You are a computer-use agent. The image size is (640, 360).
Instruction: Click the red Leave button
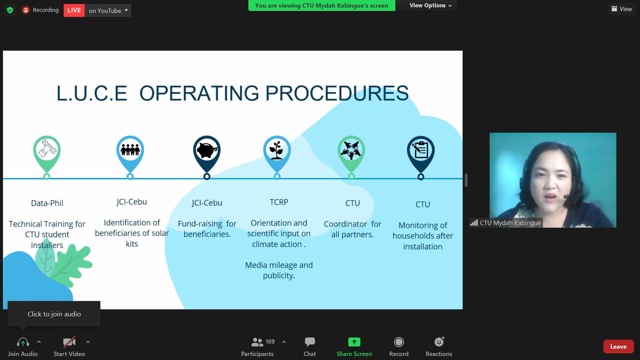click(618, 347)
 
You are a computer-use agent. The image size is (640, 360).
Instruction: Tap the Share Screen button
click(354, 347)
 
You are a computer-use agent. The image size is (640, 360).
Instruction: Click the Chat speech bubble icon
click(310, 342)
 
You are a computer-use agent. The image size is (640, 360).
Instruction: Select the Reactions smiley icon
click(439, 342)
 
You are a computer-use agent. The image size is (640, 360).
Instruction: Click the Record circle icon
click(399, 342)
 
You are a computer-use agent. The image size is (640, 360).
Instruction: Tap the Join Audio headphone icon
click(23, 342)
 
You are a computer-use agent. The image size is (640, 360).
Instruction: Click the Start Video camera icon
click(69, 342)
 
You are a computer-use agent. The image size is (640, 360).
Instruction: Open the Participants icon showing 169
click(263, 342)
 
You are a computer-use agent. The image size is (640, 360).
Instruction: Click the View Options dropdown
click(430, 5)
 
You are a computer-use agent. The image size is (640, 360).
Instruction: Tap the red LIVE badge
click(74, 10)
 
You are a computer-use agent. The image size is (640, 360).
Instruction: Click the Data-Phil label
click(47, 203)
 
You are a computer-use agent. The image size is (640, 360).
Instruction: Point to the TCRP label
click(279, 202)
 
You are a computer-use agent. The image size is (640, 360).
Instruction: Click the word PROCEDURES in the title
click(337, 93)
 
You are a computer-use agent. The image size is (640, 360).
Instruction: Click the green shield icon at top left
click(10, 10)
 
